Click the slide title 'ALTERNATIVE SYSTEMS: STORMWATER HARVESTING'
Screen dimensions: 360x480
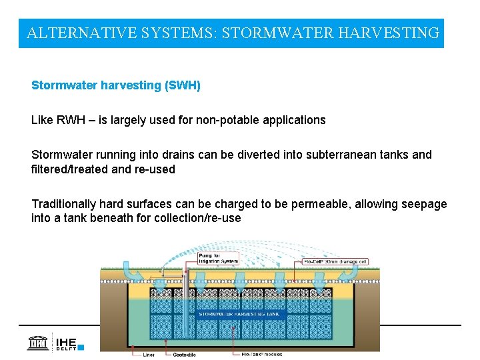pos(233,33)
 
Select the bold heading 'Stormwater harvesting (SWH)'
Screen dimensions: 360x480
pos(116,86)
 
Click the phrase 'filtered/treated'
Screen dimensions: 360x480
pos(70,169)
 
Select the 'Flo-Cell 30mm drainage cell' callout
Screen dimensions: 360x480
pos(333,261)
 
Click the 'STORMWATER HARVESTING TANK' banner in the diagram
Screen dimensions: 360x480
pos(242,314)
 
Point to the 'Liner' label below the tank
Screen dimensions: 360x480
pos(149,355)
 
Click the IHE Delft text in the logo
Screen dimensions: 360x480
pos(65,343)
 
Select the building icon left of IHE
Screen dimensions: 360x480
pos(39,343)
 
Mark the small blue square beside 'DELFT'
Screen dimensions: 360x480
pos(81,347)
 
